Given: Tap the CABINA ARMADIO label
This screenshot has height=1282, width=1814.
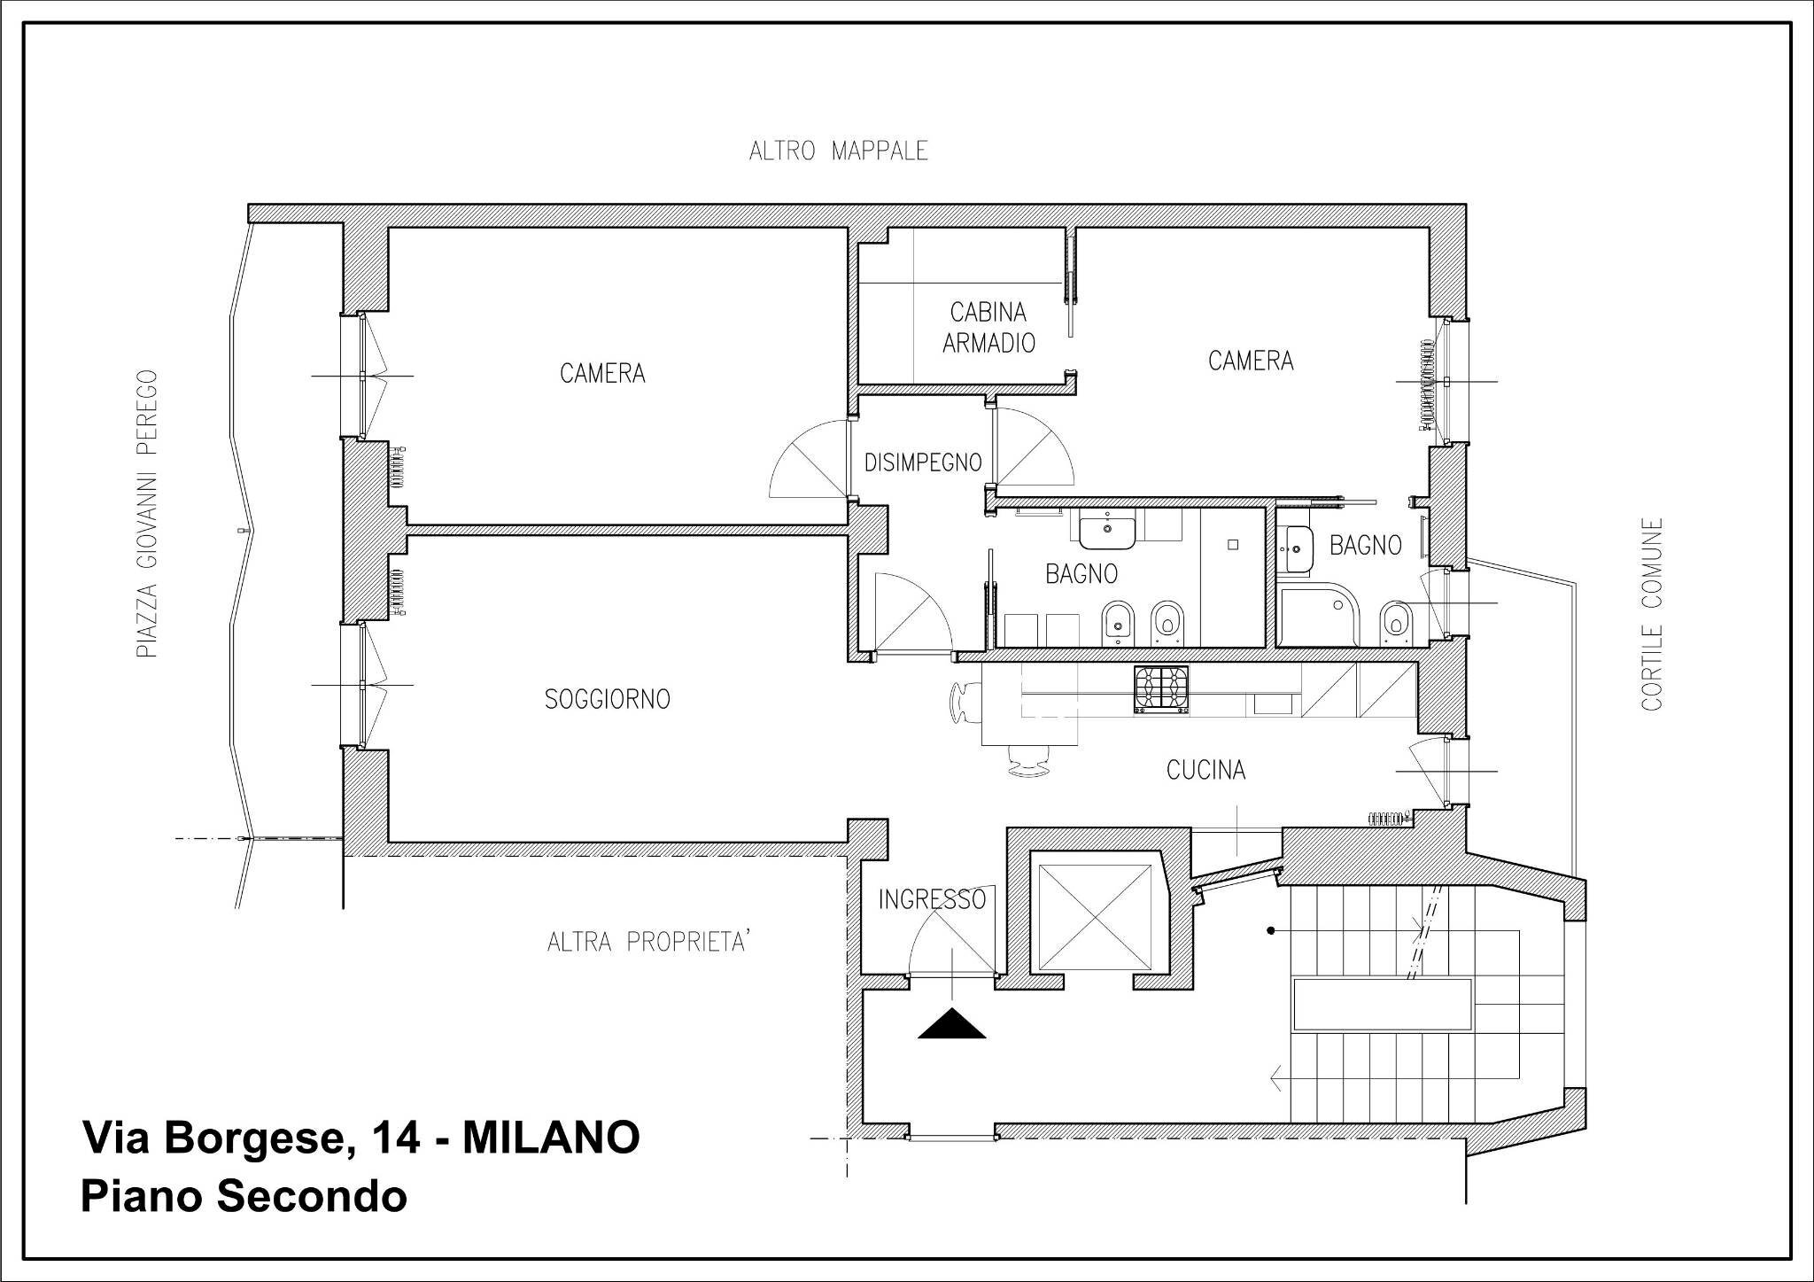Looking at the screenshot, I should click(988, 328).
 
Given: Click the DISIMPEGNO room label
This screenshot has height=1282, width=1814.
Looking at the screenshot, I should click(923, 462).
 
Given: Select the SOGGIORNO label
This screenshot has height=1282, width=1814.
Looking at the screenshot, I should click(607, 700).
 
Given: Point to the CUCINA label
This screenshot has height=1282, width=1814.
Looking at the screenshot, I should click(1205, 770).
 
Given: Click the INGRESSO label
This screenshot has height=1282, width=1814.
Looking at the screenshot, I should click(932, 900).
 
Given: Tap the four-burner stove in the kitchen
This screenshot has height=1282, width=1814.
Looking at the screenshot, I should click(1160, 689).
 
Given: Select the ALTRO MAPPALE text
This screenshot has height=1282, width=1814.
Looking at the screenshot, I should click(838, 152).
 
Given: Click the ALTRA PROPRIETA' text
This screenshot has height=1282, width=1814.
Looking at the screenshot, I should click(649, 941).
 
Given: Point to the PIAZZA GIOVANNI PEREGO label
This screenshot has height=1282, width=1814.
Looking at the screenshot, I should click(147, 514).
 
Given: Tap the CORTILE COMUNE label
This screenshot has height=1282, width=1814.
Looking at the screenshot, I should click(1651, 614).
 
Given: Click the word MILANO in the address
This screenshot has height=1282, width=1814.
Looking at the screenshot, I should click(550, 1138).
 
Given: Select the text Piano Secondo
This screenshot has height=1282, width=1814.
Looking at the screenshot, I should click(244, 1196).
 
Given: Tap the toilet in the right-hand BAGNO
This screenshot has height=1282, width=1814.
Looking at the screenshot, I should click(1396, 619).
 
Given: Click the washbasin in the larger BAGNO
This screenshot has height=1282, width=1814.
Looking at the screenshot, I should click(1107, 530).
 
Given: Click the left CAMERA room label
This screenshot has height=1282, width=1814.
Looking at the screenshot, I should click(602, 374).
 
